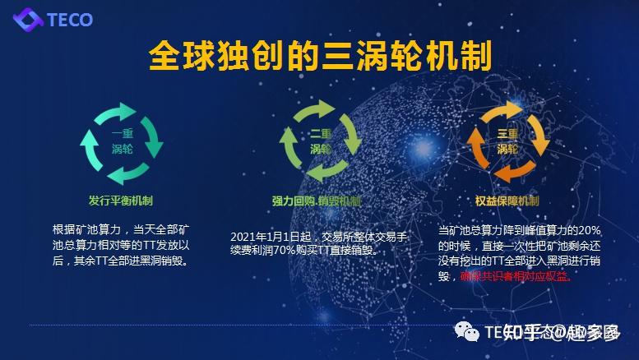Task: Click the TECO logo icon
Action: (x=28, y=19)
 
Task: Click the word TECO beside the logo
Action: (x=70, y=20)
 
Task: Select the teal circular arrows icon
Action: (x=122, y=142)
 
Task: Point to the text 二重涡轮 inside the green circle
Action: (x=320, y=141)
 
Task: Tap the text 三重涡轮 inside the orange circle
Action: (x=507, y=141)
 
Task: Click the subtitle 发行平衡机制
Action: (x=121, y=200)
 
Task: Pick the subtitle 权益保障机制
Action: (x=507, y=201)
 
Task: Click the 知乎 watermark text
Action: (x=521, y=332)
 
